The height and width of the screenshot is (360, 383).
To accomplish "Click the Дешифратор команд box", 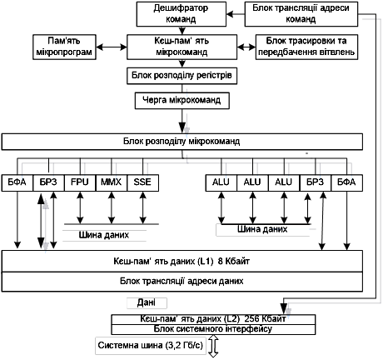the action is click(182, 14).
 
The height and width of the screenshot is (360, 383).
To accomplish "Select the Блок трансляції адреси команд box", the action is click(301, 14).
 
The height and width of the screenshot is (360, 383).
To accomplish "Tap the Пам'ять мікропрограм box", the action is click(64, 47).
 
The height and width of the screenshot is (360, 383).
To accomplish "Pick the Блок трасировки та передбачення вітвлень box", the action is click(306, 47).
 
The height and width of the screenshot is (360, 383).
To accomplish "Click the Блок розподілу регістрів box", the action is click(182, 76).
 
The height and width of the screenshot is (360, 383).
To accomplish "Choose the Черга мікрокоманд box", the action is click(182, 101).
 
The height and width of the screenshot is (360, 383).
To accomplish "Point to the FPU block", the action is click(80, 182).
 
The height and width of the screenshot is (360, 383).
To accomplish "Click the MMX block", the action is click(112, 182).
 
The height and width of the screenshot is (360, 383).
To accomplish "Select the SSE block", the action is click(142, 182).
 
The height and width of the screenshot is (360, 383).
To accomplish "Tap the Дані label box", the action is click(147, 303).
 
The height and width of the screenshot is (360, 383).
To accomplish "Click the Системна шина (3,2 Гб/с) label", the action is click(151, 346).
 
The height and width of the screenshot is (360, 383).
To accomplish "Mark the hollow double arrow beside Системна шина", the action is click(213, 346).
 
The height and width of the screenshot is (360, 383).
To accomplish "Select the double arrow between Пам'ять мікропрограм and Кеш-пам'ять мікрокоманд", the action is click(112, 47).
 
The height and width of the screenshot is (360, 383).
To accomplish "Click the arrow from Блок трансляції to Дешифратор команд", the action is click(236, 14).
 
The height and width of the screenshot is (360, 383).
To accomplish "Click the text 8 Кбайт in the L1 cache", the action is click(234, 262).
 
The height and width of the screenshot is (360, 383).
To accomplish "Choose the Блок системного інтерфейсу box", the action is click(213, 329).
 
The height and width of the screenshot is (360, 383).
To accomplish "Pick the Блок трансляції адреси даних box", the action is click(182, 282).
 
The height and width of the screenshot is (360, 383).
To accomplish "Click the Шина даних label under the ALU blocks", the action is click(262, 229).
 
